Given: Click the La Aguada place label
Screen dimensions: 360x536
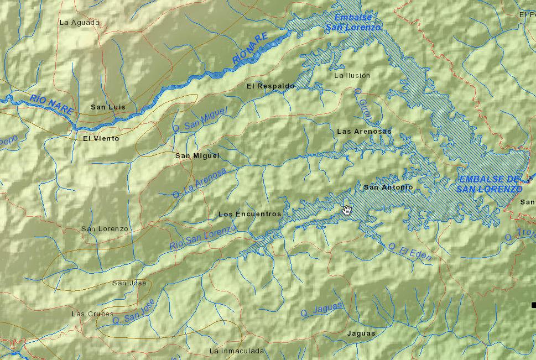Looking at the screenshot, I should tap(79, 23).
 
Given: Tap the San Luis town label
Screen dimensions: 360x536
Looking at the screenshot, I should tap(108, 107).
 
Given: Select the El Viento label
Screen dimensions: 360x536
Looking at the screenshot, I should tap(101, 139).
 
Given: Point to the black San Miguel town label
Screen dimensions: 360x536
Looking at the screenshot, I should tap(197, 156).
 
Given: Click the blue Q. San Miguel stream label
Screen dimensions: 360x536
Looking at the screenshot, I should tap(200, 119).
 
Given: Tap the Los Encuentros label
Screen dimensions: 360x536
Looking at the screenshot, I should tap(249, 214).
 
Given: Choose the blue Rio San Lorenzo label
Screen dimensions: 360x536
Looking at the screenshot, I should tap(203, 237).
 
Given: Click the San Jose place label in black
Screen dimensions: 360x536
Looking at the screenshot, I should tap(129, 283).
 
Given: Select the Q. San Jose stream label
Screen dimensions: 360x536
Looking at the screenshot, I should tap(133, 312).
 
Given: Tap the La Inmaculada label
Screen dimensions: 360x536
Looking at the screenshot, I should tap(237, 351).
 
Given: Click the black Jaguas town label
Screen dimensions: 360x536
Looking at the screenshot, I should tap(361, 333).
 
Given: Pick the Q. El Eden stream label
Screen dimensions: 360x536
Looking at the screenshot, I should tap(409, 252).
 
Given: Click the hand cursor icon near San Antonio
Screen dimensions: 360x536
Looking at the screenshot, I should tap(347, 210).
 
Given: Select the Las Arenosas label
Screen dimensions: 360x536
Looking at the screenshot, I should tap(364, 132).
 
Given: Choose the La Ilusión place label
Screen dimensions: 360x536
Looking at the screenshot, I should tap(352, 75).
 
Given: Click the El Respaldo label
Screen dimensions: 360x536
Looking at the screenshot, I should tap(270, 86).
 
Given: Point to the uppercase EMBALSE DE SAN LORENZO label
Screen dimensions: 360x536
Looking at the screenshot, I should tap(490, 184).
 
